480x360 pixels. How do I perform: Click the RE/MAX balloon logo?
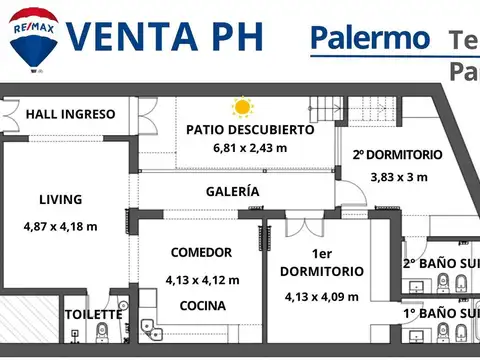tap(33, 40)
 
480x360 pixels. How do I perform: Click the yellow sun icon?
tap(242, 106)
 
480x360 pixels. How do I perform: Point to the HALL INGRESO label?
tap(70, 114)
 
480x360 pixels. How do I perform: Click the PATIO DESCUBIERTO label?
tap(250, 129)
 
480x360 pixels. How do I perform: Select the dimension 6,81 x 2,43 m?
tap(250, 148)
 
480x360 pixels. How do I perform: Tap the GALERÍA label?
tap(233, 191)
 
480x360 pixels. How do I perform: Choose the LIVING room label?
tap(61, 199)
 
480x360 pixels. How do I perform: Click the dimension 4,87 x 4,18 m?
tap(61, 226)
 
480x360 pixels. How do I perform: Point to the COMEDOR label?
tap(201, 252)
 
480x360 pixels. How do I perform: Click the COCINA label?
tap(202, 306)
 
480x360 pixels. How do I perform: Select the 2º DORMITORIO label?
tap(397, 155)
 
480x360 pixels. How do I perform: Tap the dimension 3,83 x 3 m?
tap(398, 177)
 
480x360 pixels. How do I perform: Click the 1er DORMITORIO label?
tap(322, 262)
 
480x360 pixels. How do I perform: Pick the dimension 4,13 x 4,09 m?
tap(322, 296)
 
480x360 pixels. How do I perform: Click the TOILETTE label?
tap(94, 314)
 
